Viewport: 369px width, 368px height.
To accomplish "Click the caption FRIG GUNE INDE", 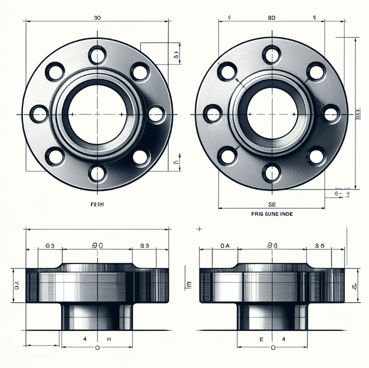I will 271,213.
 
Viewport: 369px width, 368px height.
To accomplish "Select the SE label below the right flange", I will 272,204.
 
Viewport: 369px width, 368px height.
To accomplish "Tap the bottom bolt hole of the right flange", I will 271,173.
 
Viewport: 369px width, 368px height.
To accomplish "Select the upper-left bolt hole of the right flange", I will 227,70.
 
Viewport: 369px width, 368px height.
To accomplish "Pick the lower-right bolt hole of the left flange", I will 141,156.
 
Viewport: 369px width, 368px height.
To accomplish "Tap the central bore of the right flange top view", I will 271,114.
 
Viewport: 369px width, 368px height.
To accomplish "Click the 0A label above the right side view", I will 225,245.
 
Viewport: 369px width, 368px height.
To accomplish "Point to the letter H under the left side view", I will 109,338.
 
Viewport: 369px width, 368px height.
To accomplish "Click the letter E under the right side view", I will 261,338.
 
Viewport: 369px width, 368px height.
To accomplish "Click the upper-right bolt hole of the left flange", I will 141,71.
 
